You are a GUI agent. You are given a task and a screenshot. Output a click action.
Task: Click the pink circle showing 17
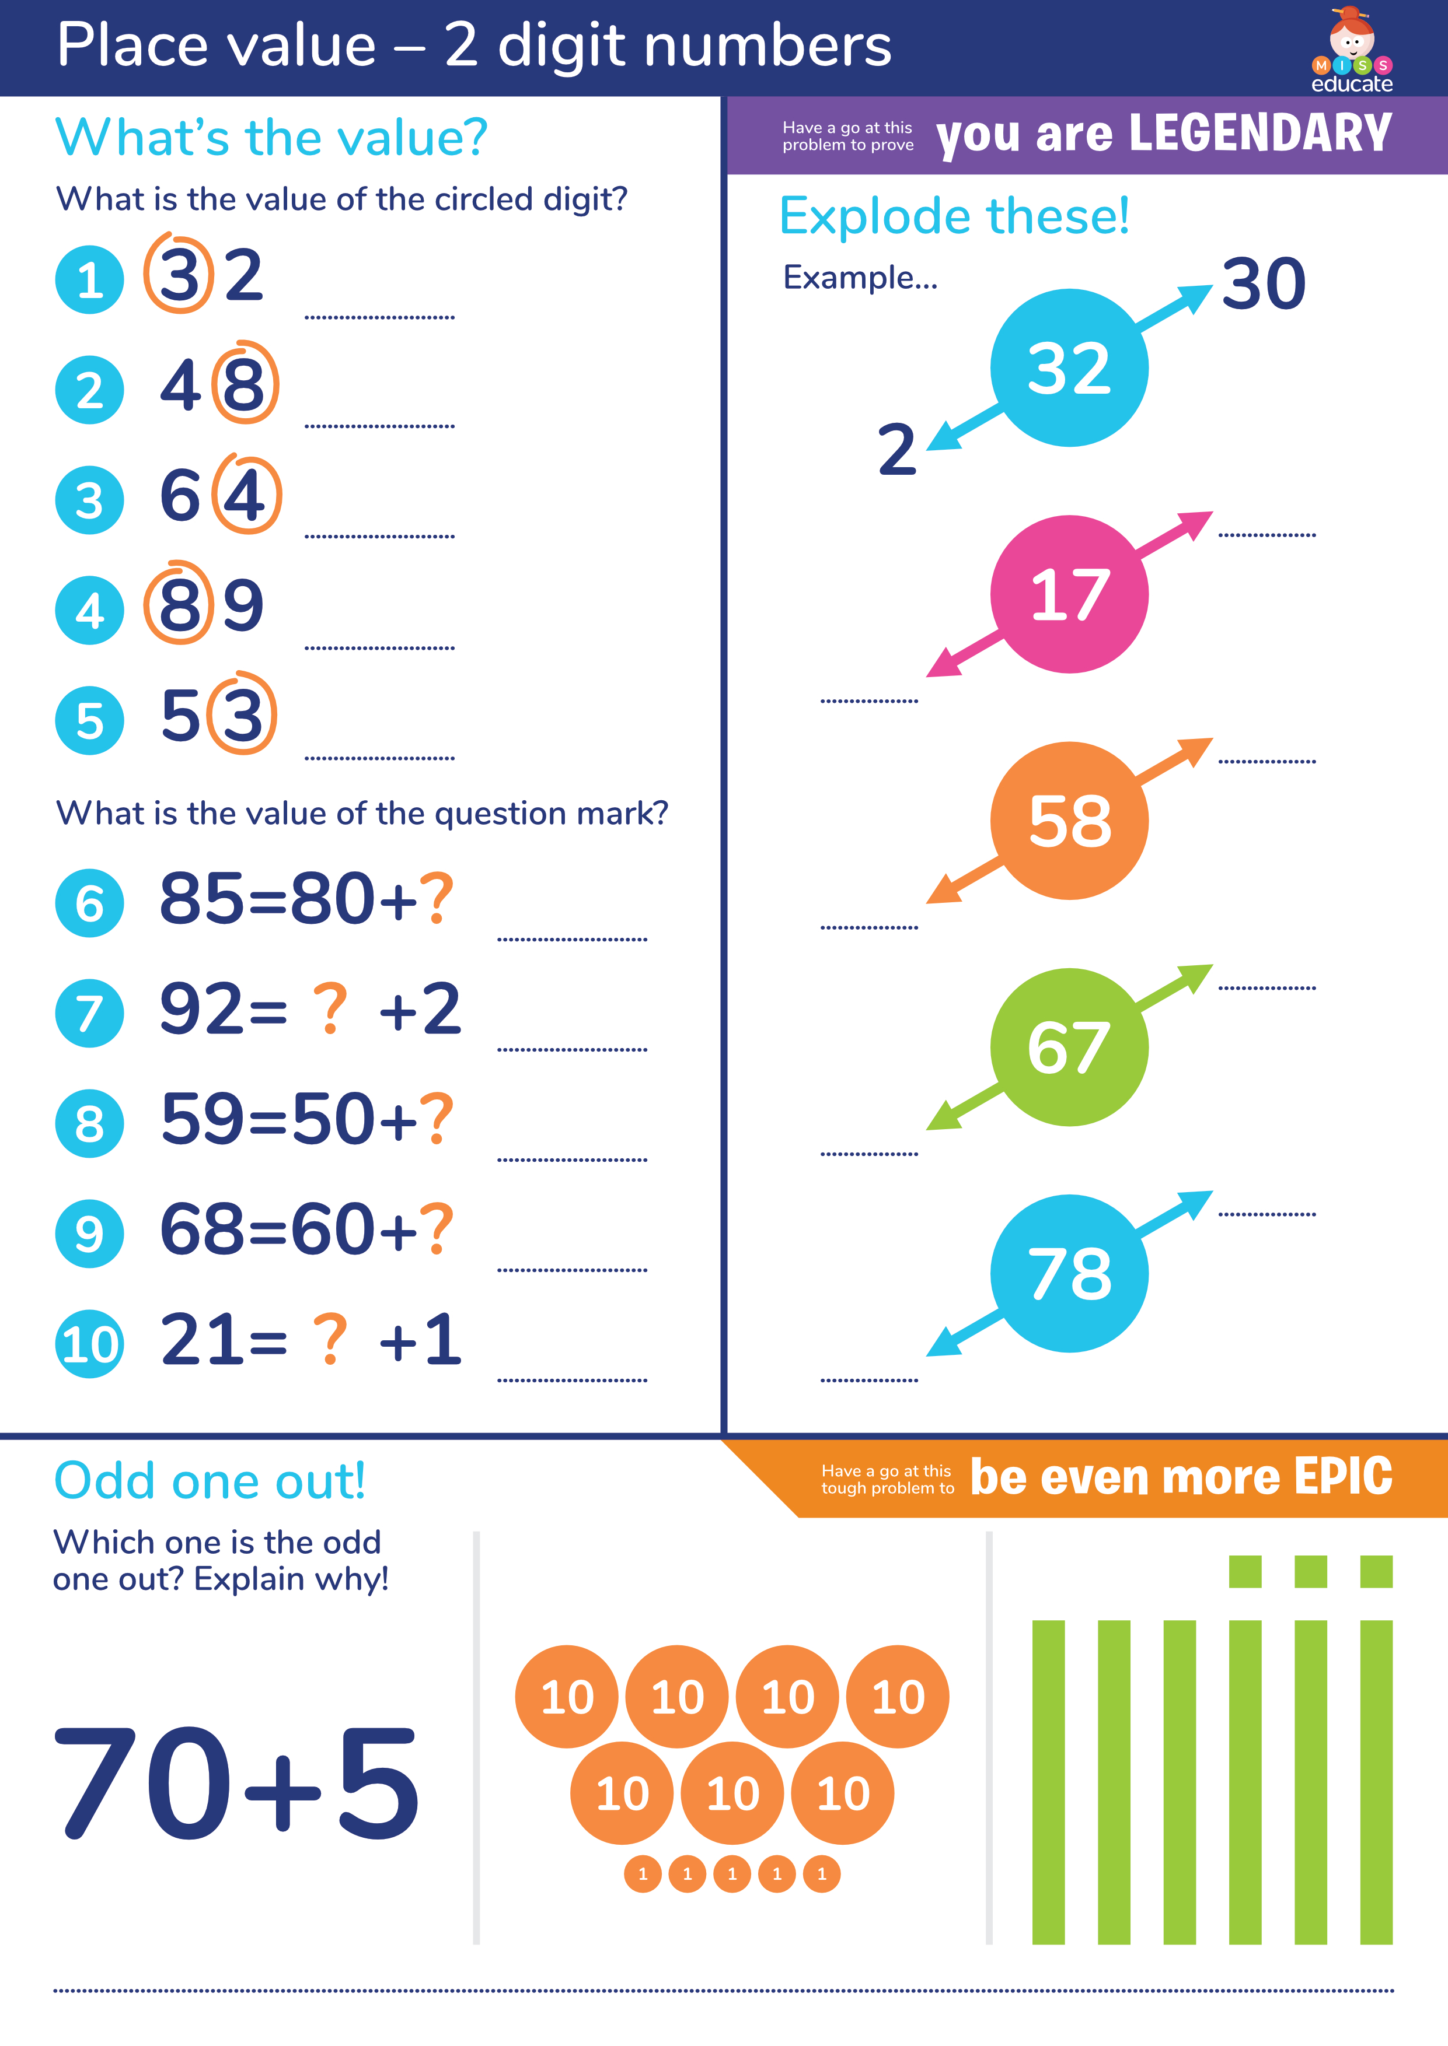coord(1069,594)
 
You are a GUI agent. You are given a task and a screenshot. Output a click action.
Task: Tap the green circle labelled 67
coord(1069,1047)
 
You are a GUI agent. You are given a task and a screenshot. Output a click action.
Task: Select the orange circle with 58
coord(1069,821)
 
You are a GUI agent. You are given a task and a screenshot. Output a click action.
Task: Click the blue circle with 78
coord(1069,1273)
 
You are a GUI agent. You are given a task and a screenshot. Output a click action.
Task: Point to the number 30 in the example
coord(1264,284)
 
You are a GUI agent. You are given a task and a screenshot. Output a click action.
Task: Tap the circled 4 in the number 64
coord(245,495)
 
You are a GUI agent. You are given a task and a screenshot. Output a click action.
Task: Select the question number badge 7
coord(89,1013)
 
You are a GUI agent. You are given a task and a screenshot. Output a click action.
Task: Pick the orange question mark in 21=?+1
coord(329,1339)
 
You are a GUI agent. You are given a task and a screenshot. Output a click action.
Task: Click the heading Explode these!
coord(954,216)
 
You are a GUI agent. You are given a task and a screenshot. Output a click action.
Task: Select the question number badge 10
coord(89,1344)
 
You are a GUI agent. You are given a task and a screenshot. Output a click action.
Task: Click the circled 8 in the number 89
coord(179,604)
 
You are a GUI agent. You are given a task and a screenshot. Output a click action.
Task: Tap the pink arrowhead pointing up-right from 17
coord(1196,524)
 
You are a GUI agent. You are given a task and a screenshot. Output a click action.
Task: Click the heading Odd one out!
coord(210,1481)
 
